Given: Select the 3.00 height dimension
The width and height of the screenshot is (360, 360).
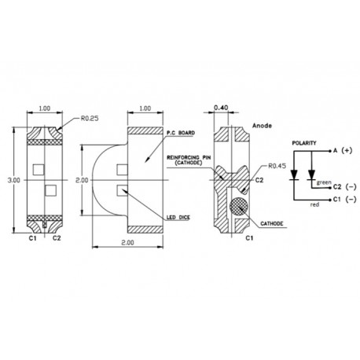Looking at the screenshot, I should (13, 180).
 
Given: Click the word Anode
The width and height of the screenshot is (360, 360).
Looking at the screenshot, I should (263, 125).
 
